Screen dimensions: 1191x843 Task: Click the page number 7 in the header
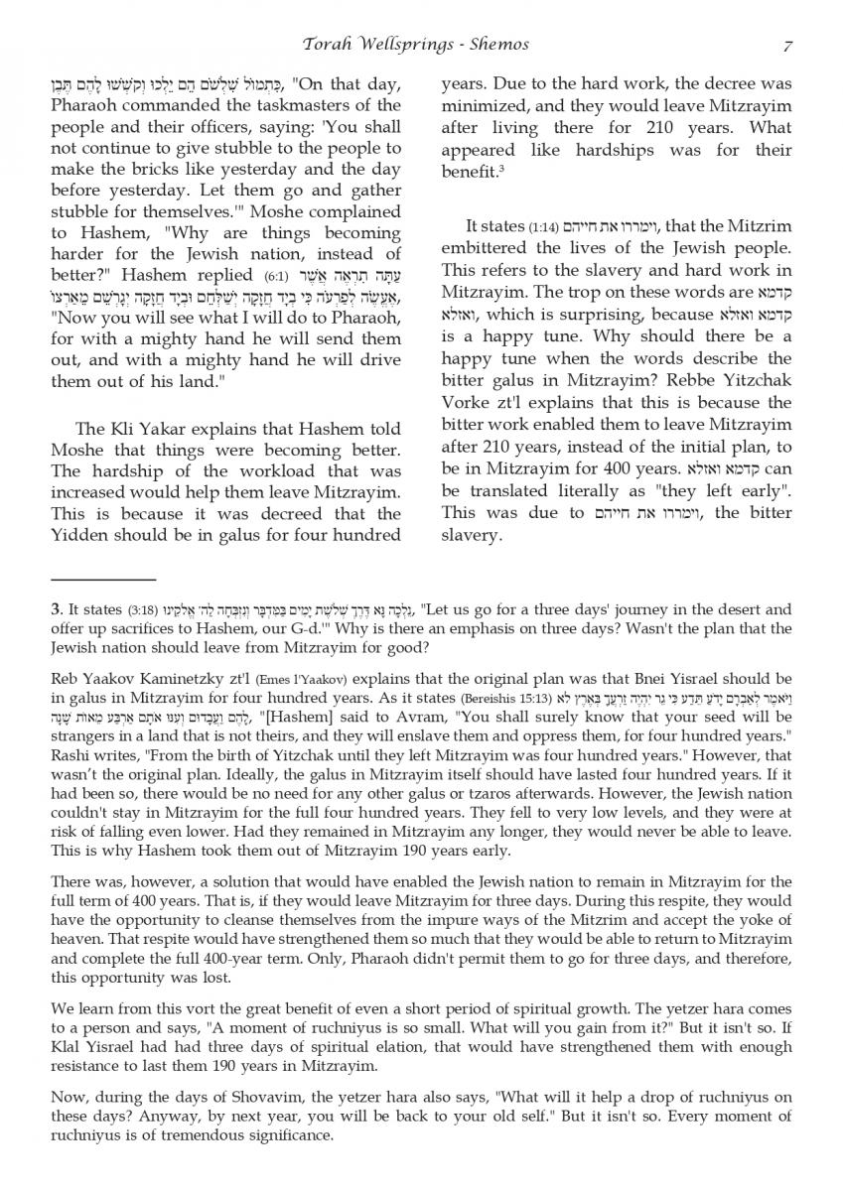pos(785,45)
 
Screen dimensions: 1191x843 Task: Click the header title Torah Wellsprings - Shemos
pos(420,45)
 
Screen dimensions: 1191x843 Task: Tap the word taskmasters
pos(283,105)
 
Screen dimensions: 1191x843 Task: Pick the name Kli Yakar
pos(154,429)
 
